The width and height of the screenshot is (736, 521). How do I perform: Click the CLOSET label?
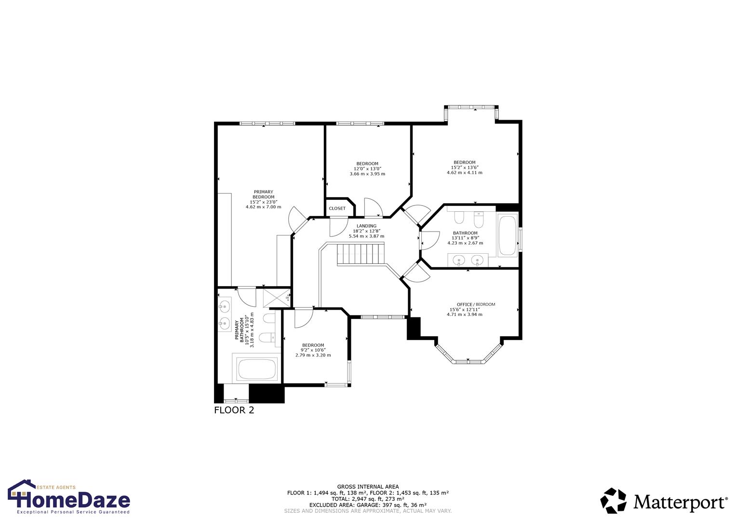click(337, 208)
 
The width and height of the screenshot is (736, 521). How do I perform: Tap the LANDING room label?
click(366, 226)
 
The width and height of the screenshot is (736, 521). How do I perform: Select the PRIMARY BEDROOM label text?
click(263, 194)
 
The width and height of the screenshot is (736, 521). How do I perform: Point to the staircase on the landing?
click(361, 254)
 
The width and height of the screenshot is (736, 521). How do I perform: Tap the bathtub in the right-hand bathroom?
click(507, 236)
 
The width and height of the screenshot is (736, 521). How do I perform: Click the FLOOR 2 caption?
click(234, 411)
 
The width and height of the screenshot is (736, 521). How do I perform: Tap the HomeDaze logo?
click(69, 497)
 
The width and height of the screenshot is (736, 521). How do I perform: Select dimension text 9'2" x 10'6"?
click(313, 350)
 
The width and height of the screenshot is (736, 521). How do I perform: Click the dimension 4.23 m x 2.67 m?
click(465, 243)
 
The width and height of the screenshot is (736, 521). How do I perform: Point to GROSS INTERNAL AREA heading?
click(368, 487)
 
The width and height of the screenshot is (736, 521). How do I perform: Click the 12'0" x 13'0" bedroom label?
click(367, 169)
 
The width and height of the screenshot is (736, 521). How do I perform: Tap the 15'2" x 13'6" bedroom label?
click(464, 167)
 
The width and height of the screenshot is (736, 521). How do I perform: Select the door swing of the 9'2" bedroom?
click(303, 317)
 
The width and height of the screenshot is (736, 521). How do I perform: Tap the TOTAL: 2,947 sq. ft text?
click(368, 499)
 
